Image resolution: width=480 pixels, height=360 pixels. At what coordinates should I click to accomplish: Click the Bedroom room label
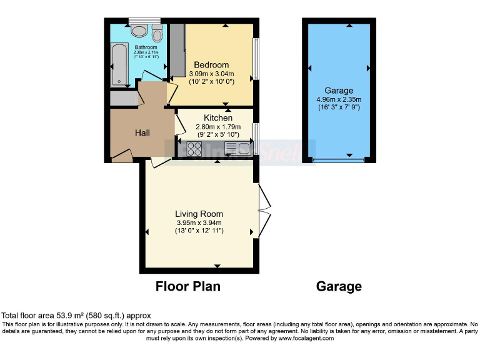click(x=211, y=65)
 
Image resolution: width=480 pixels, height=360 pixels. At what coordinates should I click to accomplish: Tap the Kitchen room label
click(x=218, y=118)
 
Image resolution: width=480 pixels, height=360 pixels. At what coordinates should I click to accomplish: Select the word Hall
click(x=142, y=133)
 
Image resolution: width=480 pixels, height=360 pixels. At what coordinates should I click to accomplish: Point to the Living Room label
click(x=199, y=214)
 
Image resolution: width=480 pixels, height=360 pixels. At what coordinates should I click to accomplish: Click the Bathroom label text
click(x=146, y=47)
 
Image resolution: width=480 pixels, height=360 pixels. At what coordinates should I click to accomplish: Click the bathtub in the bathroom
click(x=118, y=65)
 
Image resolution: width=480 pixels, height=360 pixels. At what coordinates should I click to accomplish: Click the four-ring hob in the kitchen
click(x=194, y=149)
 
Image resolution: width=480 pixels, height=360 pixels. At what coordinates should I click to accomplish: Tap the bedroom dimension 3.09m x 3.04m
click(x=211, y=74)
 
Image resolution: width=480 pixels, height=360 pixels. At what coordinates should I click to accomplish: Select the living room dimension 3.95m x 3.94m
click(x=199, y=222)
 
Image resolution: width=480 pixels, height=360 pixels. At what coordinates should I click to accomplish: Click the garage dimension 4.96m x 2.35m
click(x=338, y=99)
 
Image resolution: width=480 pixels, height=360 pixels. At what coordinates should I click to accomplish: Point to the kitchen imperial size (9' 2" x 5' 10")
click(x=218, y=134)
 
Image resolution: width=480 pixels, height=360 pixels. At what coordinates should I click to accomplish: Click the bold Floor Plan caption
click(x=187, y=287)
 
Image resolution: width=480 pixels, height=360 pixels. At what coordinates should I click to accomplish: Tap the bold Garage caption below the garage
click(x=339, y=287)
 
